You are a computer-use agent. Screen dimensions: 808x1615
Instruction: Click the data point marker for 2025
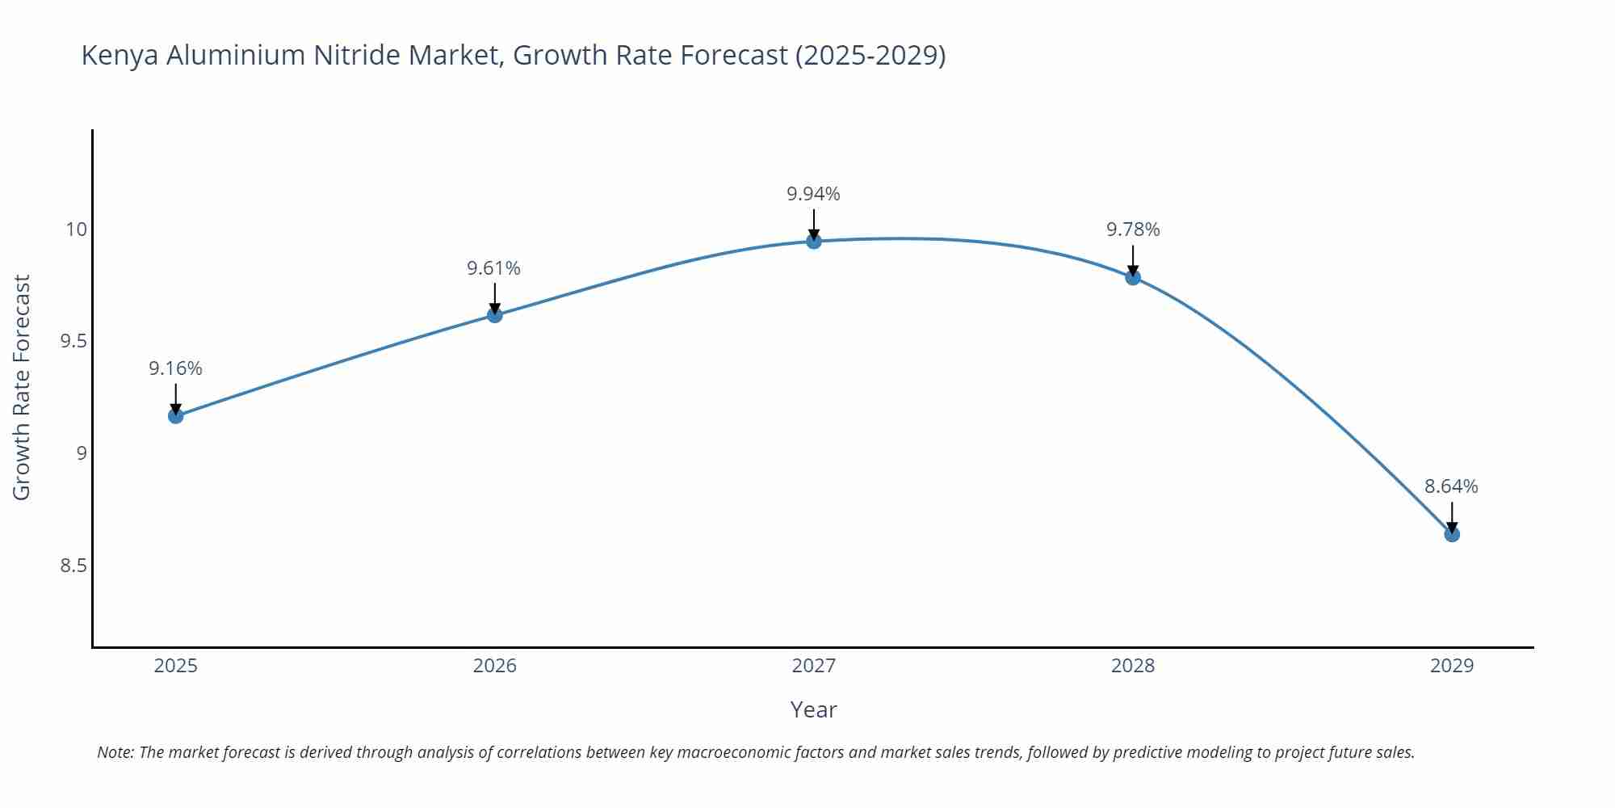coord(175,416)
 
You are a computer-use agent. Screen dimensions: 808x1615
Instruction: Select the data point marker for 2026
coord(495,315)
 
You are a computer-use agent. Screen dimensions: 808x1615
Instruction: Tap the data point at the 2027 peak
coord(814,241)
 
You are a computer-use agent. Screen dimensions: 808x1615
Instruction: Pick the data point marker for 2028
coord(1133,277)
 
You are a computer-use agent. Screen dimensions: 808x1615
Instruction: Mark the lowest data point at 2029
coord(1452,534)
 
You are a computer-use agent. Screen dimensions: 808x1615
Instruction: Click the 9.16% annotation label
coord(175,368)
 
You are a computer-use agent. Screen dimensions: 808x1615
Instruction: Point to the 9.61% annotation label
coord(493,268)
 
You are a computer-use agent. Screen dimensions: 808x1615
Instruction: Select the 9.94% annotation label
coord(813,194)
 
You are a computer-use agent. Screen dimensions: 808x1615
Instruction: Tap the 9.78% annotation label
coord(1133,229)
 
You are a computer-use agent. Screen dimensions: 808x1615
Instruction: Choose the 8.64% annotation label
coord(1451,486)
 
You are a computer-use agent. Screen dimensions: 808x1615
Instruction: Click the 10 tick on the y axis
coord(76,229)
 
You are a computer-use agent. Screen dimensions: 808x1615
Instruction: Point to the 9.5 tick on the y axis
coord(73,341)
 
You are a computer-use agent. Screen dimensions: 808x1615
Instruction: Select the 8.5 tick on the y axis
coord(73,566)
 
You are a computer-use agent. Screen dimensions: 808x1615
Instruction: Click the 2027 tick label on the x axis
coord(814,666)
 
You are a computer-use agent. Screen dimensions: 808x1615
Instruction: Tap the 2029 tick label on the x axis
coord(1452,666)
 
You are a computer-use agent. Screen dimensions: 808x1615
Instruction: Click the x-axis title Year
coord(813,709)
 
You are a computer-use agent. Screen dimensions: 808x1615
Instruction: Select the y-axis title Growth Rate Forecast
coord(22,387)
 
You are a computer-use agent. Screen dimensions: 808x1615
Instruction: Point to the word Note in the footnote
coord(115,752)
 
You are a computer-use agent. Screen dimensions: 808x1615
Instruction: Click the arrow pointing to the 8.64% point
coord(1452,517)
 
